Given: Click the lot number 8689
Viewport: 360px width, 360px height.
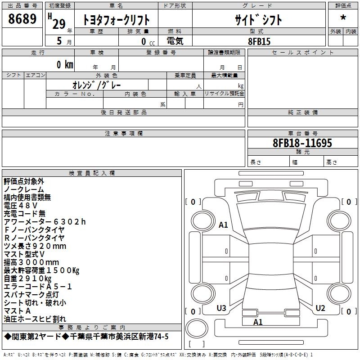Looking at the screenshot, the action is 22,18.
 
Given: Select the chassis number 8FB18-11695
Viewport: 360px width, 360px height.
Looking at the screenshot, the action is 302,143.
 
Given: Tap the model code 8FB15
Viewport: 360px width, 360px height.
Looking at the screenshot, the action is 259,41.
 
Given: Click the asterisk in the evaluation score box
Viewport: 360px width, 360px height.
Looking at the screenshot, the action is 343,18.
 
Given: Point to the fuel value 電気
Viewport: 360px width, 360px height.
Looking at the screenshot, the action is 175,41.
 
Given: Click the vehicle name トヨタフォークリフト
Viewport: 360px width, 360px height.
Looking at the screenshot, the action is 116,20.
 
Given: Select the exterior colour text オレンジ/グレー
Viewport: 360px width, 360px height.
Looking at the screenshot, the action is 97,85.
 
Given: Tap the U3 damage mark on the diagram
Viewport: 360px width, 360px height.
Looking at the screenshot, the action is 221,308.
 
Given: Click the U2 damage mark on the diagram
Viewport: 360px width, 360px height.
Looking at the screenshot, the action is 320,308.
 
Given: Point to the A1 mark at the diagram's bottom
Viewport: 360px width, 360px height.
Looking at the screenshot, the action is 258,322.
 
